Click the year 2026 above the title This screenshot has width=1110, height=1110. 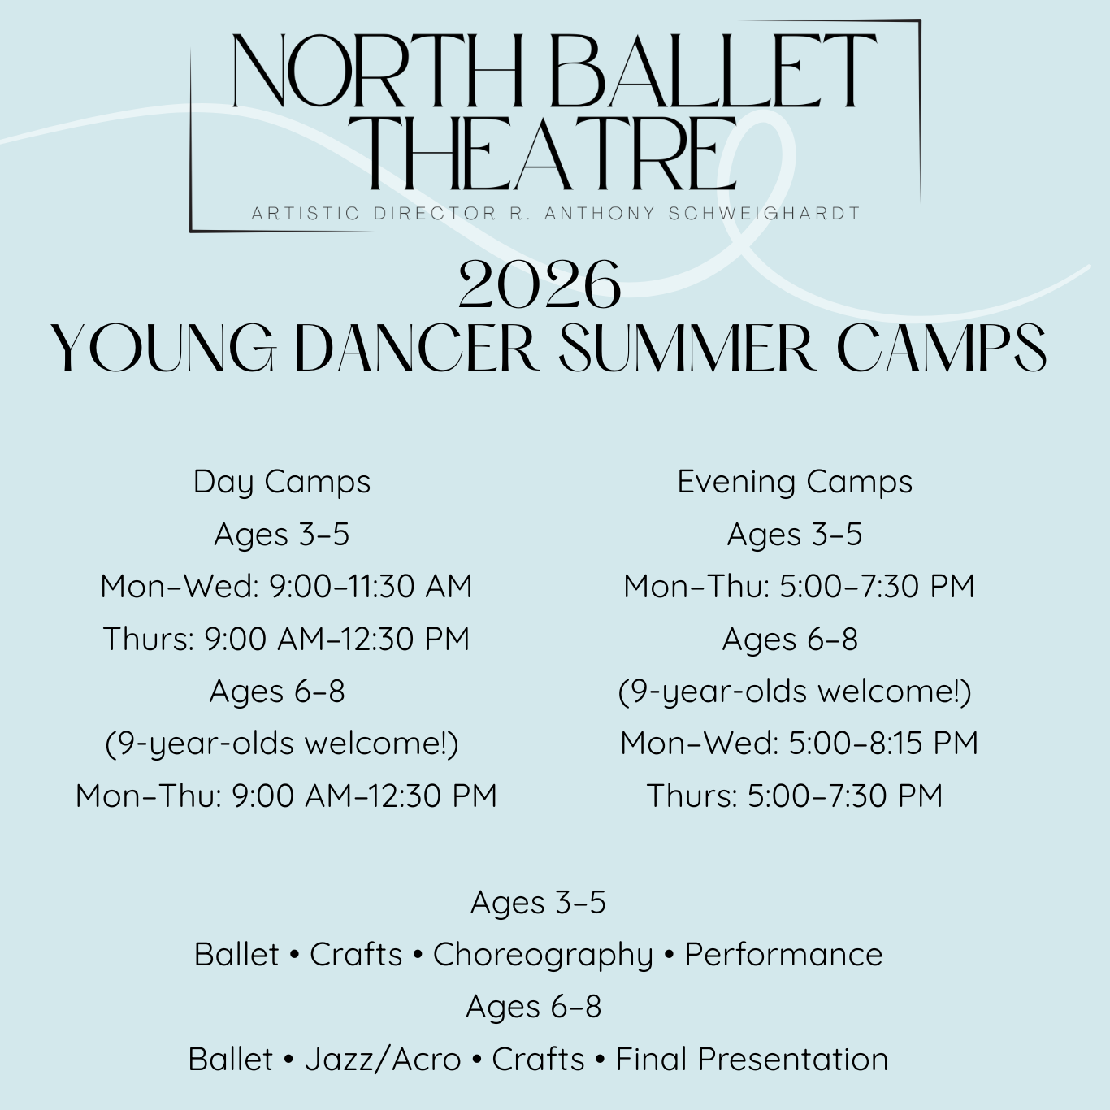[x=540, y=284]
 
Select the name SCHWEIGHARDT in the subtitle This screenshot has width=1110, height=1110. [x=765, y=213]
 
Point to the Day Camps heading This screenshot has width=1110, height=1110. [x=282, y=482]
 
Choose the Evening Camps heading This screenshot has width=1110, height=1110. [x=795, y=482]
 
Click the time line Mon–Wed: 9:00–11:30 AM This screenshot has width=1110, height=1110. [x=286, y=586]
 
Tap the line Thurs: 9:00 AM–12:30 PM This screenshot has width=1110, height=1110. [x=286, y=638]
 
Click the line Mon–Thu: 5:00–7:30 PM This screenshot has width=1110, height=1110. [x=799, y=586]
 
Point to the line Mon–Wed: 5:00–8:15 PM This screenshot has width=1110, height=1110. [x=799, y=743]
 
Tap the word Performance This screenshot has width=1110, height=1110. [x=783, y=954]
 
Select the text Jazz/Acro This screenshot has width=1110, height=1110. [x=383, y=1059]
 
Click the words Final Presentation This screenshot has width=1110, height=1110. [x=752, y=1059]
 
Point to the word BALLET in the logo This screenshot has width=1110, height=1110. [x=713, y=71]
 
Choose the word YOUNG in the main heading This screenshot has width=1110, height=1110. [x=164, y=349]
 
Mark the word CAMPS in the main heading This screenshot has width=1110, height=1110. [x=941, y=349]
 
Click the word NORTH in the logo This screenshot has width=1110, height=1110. [x=377, y=71]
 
